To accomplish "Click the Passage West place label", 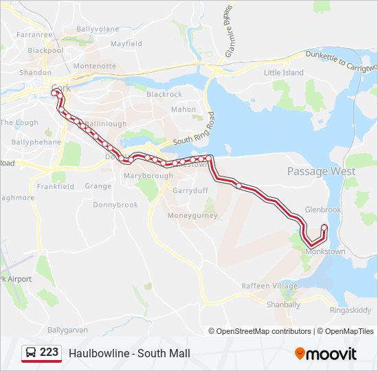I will point(321,171).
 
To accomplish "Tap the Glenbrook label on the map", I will point(322,210).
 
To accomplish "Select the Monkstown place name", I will point(324,252).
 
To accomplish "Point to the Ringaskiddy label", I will point(351,310).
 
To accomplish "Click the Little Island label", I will point(284,72).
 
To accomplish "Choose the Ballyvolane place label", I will point(98,29).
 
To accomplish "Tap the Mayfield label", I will point(126,43).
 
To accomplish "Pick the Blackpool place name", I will point(45,50).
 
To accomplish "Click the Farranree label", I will point(34,34).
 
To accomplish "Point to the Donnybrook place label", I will point(115,205).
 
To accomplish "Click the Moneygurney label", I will point(192,215).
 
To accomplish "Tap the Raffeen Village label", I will point(269,286).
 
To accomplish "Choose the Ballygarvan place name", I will point(67,330).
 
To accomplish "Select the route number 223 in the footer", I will point(49,352).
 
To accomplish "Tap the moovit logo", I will point(326,354).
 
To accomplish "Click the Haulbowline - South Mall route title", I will point(129,354).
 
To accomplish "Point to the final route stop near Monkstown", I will point(324,228).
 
